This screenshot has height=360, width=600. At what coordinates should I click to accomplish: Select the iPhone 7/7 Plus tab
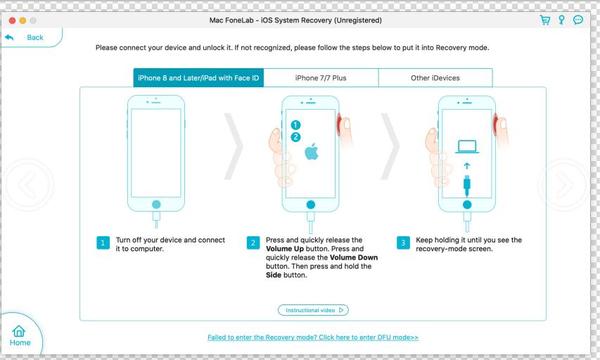point(321,77)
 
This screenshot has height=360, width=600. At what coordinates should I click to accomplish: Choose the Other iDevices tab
point(435,77)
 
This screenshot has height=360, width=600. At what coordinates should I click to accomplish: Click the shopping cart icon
point(545,19)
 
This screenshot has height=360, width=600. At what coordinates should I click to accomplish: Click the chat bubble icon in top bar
point(580,19)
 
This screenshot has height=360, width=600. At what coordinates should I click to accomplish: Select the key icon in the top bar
point(563,19)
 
